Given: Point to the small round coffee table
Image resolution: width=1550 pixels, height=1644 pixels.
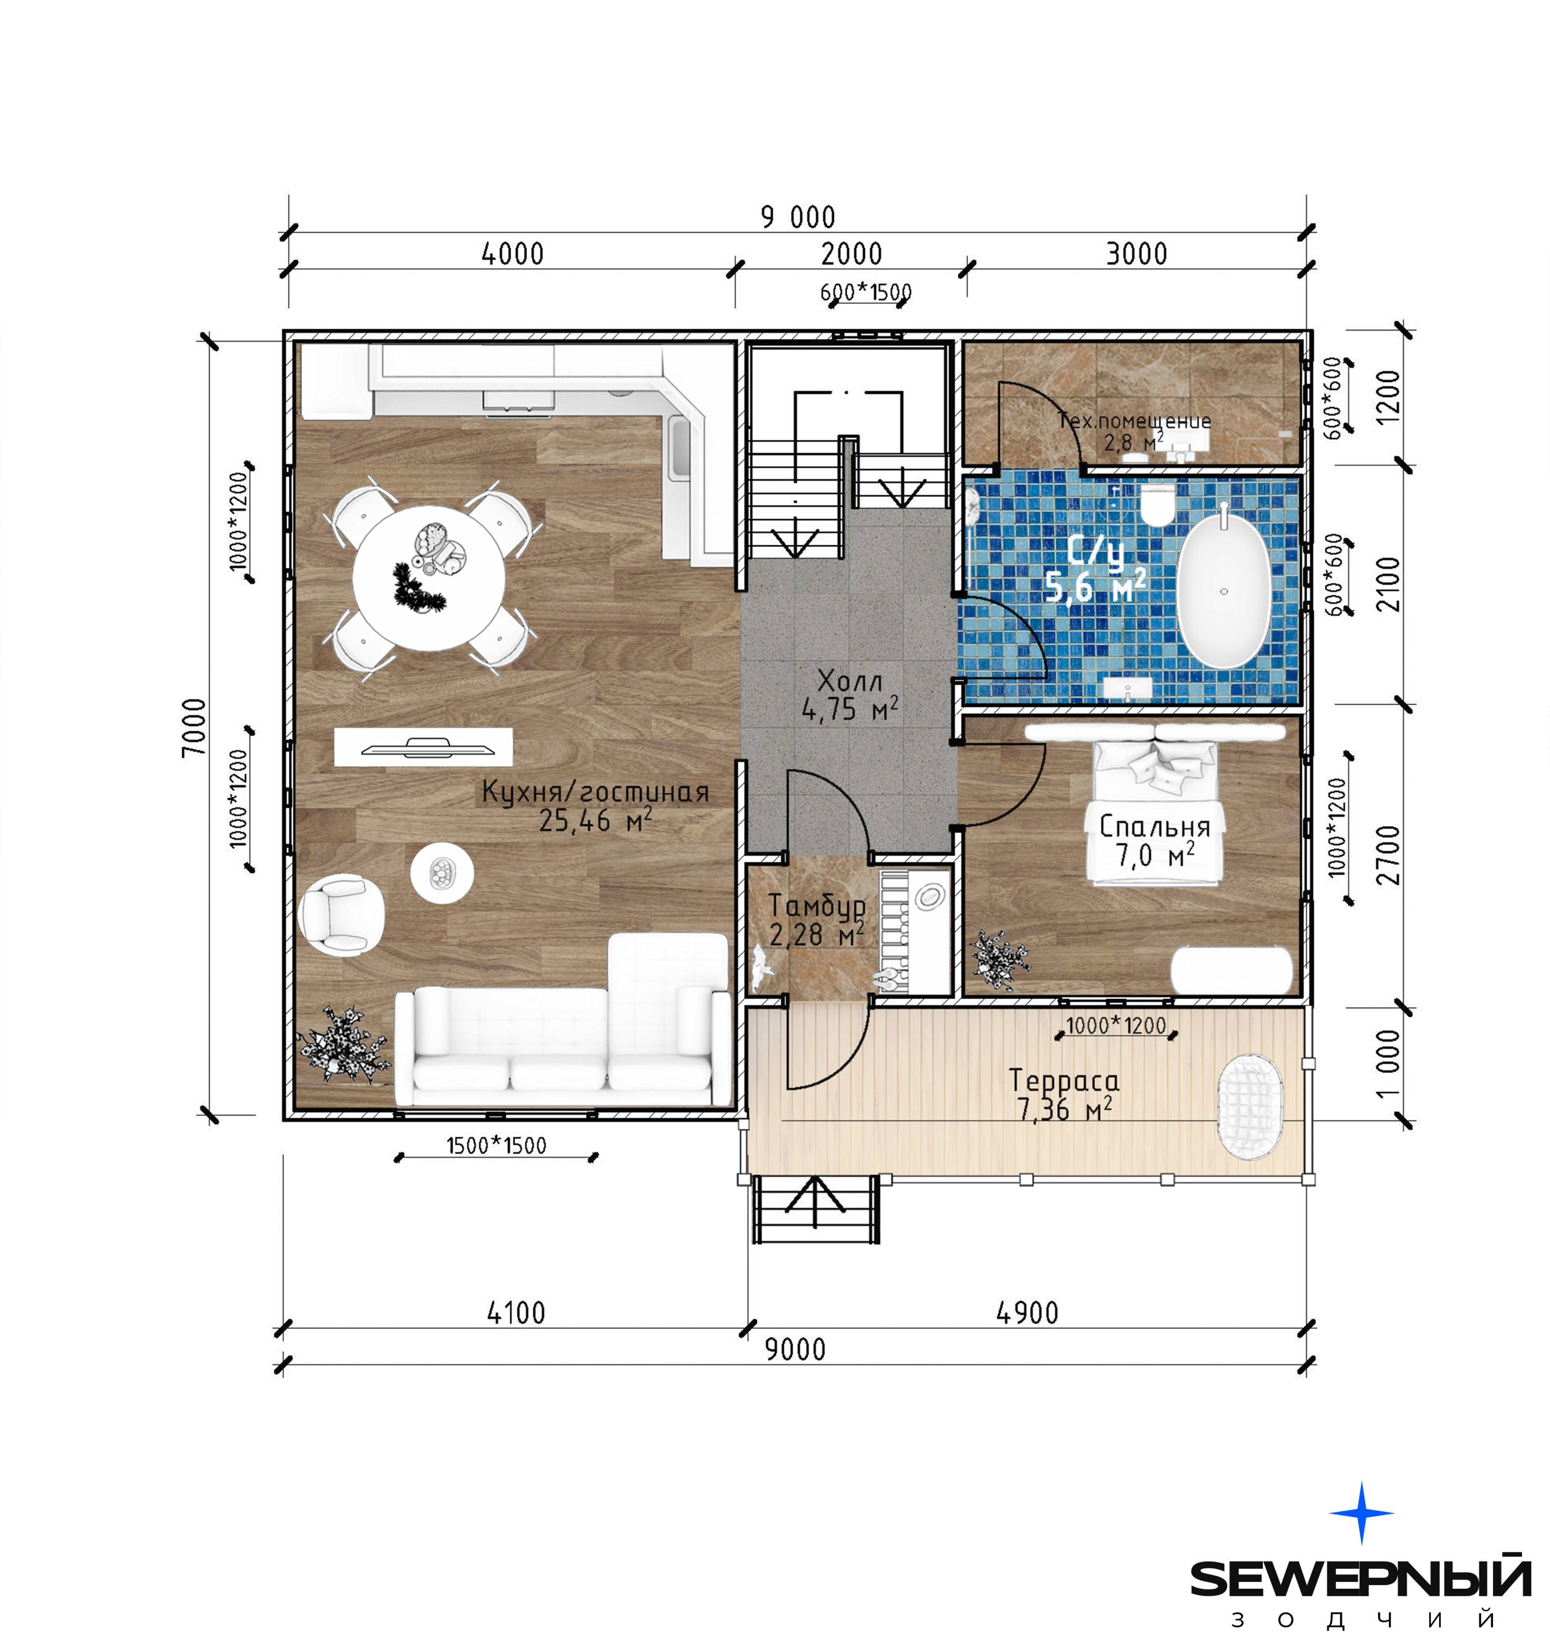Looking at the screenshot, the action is (x=442, y=873).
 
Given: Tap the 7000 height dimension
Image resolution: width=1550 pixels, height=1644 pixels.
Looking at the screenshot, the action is (x=193, y=727).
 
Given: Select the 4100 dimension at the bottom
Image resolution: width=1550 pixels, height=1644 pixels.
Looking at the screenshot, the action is (x=516, y=1312).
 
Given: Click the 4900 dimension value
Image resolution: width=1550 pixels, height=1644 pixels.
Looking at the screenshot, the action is (x=1027, y=1312).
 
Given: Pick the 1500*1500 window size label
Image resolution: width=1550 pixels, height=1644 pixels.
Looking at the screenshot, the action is (x=497, y=1145).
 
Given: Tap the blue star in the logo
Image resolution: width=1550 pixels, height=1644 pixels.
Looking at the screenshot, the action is (x=1362, y=1513).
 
